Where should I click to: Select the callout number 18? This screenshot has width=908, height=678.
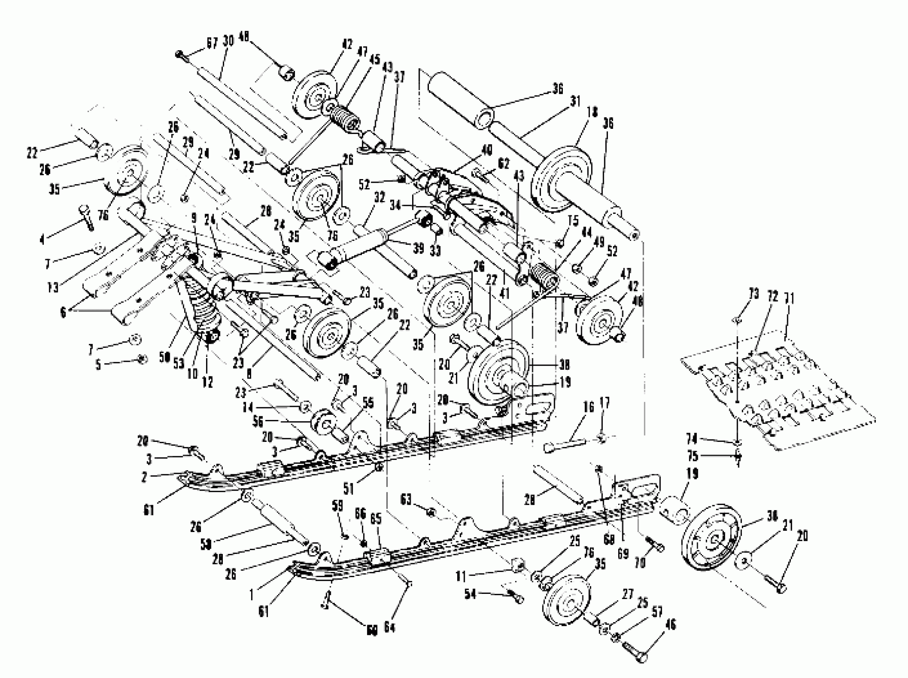tap(593, 112)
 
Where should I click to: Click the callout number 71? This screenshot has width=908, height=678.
tap(789, 299)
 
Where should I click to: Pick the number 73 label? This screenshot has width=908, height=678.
tap(754, 294)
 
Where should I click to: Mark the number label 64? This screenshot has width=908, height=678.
tap(389, 627)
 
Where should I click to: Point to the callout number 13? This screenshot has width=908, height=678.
tap(54, 288)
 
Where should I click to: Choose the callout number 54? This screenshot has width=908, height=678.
tap(471, 593)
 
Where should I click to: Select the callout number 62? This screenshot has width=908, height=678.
tap(503, 164)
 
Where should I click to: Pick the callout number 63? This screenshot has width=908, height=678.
tap(406, 499)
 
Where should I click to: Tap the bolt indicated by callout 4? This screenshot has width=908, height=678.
tap(87, 216)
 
